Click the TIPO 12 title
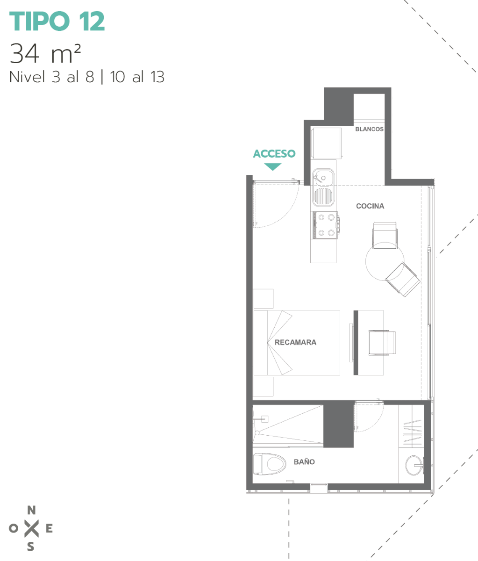coord(57,21)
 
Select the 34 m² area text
coord(45,53)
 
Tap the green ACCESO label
coord(274,154)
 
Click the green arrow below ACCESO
coord(272,166)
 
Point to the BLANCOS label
coord(369,129)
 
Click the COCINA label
coord(370,206)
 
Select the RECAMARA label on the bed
coord(295,342)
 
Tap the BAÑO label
coord(304,462)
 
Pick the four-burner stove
coord(324,225)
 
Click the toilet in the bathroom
coord(270,464)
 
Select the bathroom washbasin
coord(414,465)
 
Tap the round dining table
coord(385,262)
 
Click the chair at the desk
coord(382,343)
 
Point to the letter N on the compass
coord(31,510)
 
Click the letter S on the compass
coord(31,547)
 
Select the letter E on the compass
coord(49,528)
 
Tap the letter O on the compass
coord(14,528)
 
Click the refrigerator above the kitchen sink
coord(326,143)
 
